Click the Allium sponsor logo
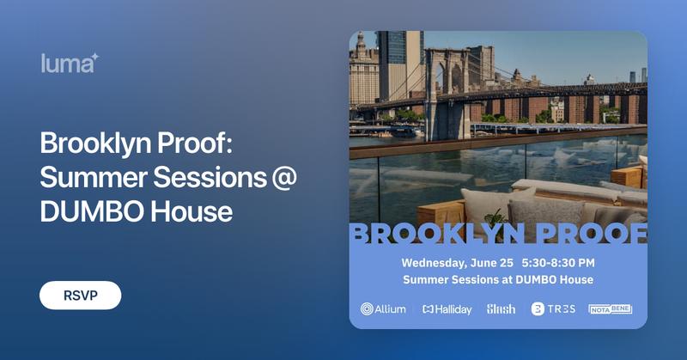383,309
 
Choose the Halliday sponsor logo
447,309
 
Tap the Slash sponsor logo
501,309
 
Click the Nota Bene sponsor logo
610,309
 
